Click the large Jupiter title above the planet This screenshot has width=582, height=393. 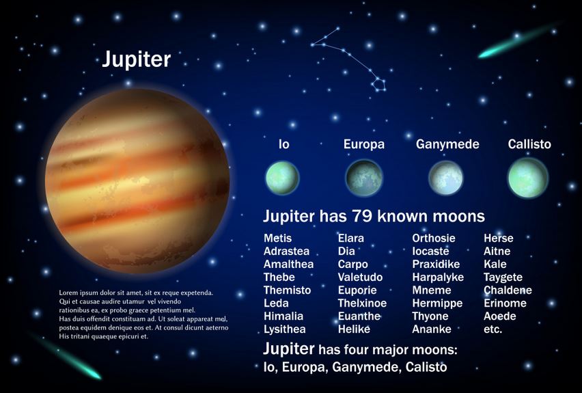point(136,59)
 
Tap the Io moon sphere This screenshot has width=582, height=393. point(283,178)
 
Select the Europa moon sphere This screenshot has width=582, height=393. point(363,178)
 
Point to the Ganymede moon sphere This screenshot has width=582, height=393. point(446,178)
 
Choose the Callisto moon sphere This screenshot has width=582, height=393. point(527,178)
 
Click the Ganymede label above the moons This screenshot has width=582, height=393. point(447,144)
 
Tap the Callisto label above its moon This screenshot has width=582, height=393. point(529,144)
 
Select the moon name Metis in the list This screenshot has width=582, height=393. point(277,238)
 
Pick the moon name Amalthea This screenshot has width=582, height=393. point(288,264)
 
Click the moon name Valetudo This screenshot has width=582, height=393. point(360,277)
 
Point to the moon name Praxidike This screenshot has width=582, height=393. point(436,264)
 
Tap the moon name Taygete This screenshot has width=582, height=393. point(503,277)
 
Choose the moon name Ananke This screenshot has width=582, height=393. point(432,329)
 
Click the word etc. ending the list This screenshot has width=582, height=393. point(493,329)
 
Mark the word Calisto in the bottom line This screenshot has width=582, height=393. point(426,367)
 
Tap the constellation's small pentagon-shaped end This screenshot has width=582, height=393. point(379,85)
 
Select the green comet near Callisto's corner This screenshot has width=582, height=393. point(518,41)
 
